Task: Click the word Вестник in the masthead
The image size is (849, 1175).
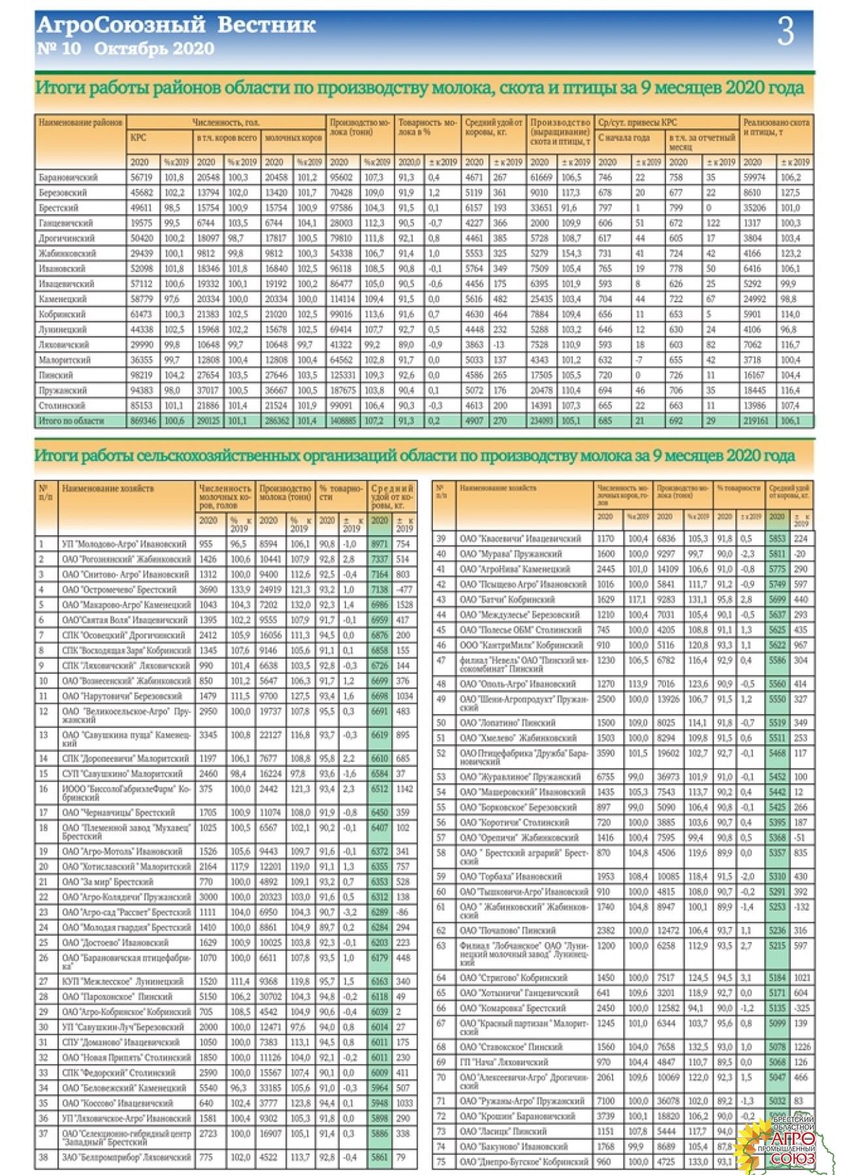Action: tap(266, 25)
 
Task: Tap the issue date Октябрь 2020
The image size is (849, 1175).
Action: tap(154, 48)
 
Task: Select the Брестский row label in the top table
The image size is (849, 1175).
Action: tap(59, 208)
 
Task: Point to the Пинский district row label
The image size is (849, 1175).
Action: tap(56, 375)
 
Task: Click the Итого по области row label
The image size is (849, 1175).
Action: tap(71, 421)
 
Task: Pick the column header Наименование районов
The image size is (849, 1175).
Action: tap(80, 123)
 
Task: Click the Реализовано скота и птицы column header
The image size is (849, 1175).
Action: tap(776, 127)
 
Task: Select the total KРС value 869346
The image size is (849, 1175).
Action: tap(143, 421)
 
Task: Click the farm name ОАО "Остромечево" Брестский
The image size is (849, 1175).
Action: tap(119, 589)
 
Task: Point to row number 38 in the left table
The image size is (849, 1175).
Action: tap(44, 1157)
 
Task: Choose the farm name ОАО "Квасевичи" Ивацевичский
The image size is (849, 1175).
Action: tap(520, 539)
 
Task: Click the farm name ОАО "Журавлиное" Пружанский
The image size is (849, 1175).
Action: tap(520, 777)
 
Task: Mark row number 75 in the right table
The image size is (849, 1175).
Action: tap(441, 1161)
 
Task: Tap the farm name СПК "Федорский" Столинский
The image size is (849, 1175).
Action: tap(118, 1073)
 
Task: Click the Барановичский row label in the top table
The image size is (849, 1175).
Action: tap(68, 178)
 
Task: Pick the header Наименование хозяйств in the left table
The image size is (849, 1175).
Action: tap(108, 488)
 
